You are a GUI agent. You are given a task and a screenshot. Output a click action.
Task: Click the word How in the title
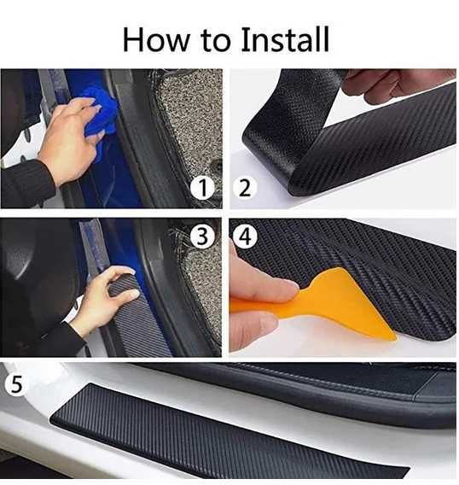click(156, 39)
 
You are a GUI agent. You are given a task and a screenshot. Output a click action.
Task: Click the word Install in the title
click(284, 39)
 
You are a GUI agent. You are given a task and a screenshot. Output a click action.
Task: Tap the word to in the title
click(216, 42)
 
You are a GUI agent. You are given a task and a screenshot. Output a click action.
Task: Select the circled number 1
click(202, 188)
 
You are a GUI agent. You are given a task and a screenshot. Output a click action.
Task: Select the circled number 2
click(244, 188)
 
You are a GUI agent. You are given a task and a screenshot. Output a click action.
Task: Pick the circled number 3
click(202, 237)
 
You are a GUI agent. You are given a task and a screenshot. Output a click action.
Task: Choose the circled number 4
click(245, 237)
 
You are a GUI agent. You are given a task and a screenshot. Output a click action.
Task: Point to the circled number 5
click(16, 384)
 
